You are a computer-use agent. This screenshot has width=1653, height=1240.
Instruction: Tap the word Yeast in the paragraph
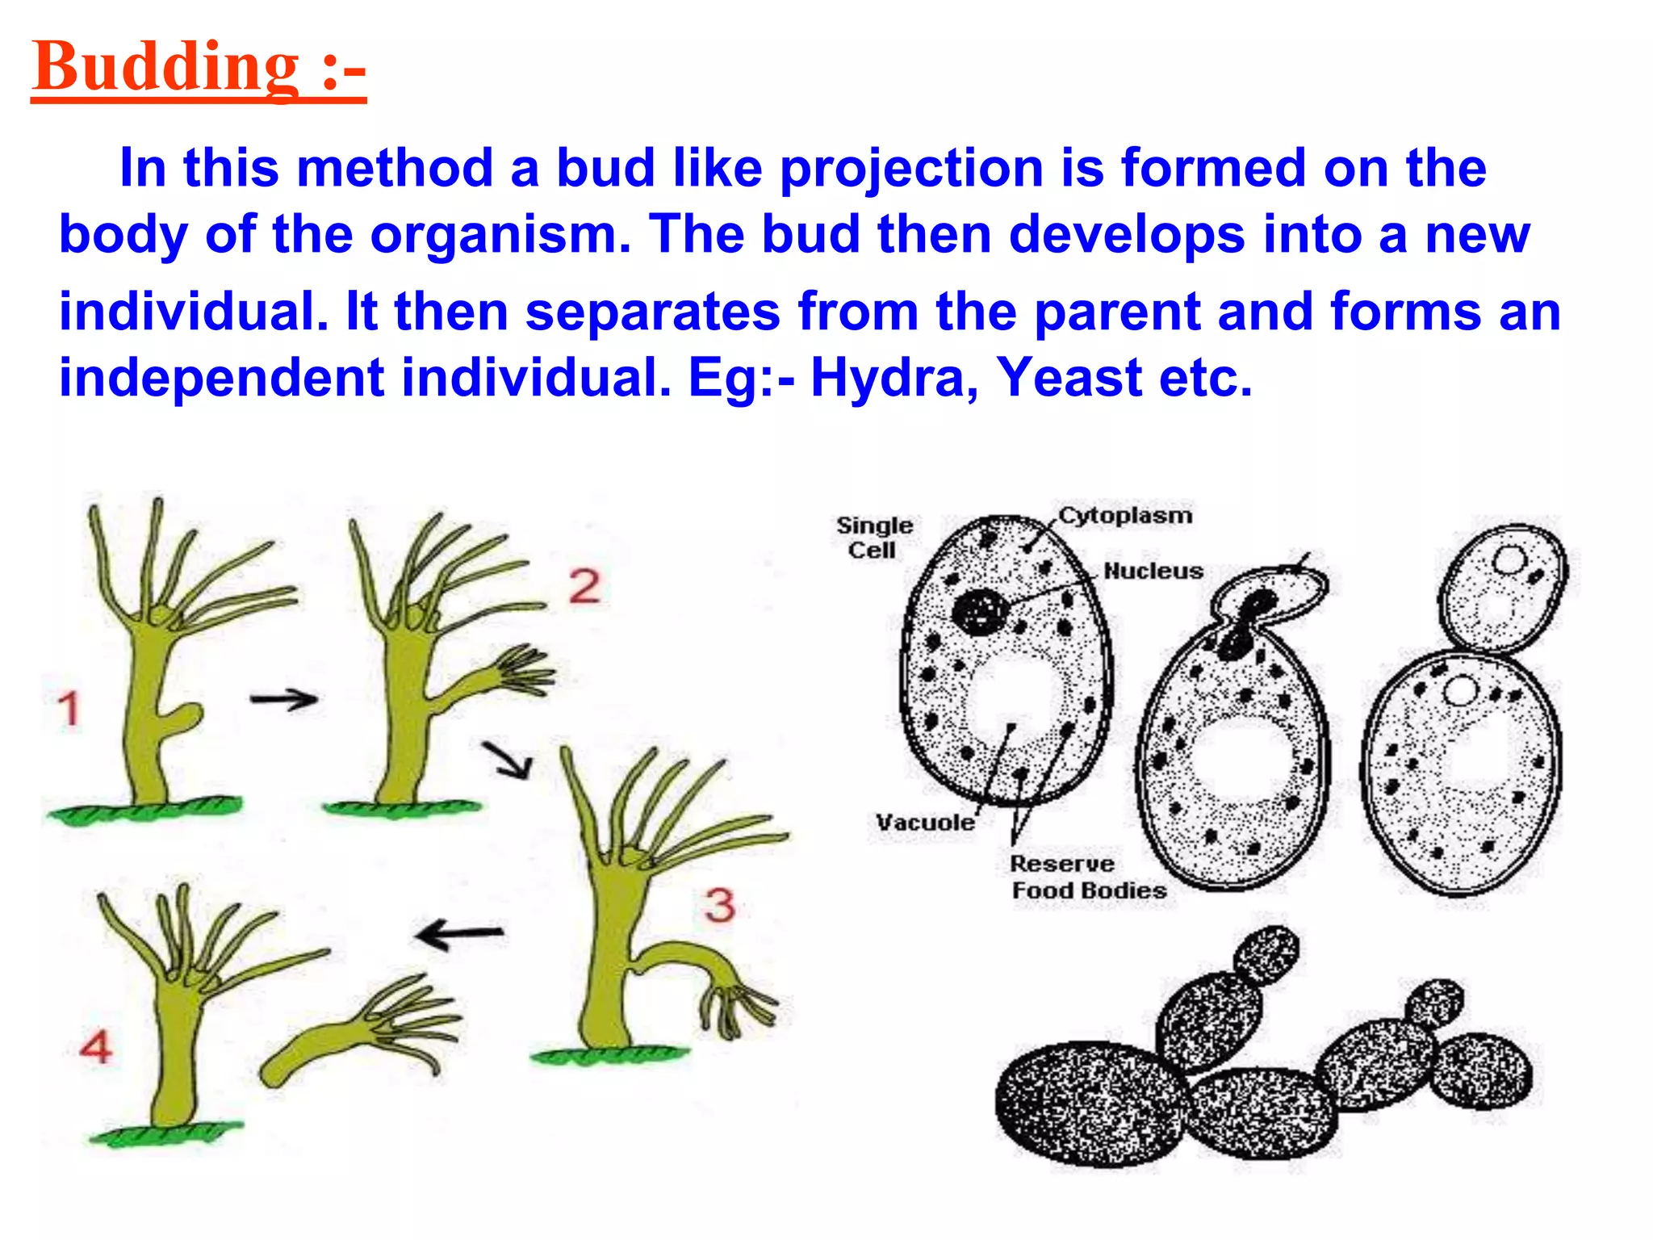pyautogui.click(x=1069, y=377)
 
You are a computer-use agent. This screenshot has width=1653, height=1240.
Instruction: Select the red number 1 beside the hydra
pyautogui.click(x=69, y=709)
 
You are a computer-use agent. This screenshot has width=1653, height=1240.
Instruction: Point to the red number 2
pyautogui.click(x=584, y=586)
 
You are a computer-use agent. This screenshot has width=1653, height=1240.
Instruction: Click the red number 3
pyautogui.click(x=719, y=904)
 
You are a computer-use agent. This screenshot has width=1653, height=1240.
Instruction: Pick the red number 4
pyautogui.click(x=96, y=1047)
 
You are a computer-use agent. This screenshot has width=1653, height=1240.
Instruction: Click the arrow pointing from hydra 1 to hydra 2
pyautogui.click(x=283, y=699)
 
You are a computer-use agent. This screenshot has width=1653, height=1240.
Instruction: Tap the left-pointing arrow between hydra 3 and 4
pyautogui.click(x=459, y=934)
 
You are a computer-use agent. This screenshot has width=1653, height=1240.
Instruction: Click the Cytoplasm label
pyautogui.click(x=1125, y=515)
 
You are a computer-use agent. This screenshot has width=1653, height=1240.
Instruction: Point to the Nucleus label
pyautogui.click(x=1153, y=571)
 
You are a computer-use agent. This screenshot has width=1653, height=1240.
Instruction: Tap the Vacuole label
pyautogui.click(x=925, y=823)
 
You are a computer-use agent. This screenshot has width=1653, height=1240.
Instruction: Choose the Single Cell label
pyautogui.click(x=874, y=538)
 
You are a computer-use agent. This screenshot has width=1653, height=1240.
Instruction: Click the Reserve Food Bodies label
pyautogui.click(x=1086, y=878)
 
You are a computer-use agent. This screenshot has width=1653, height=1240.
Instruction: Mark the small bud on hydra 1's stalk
pyautogui.click(x=187, y=714)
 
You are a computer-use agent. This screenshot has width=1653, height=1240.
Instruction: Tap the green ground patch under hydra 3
pyautogui.click(x=610, y=1054)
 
